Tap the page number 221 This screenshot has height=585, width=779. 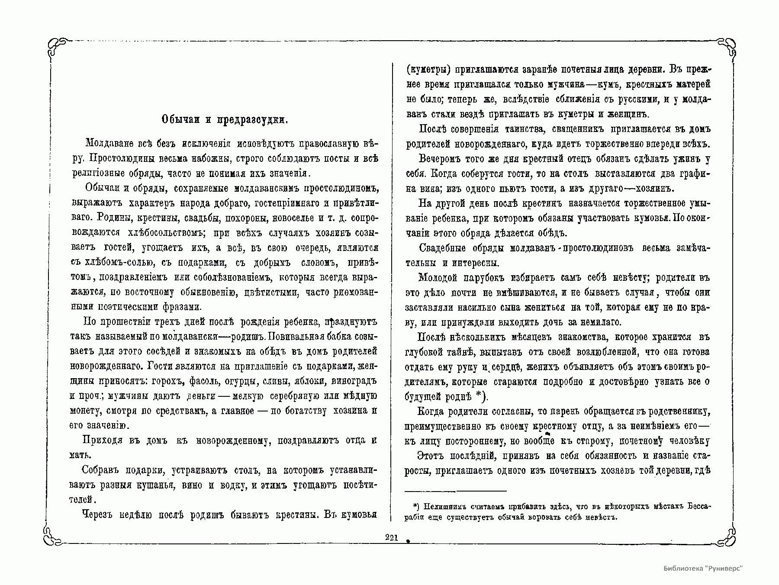tap(391, 538)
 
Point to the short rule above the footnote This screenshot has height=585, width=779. tap(455, 491)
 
